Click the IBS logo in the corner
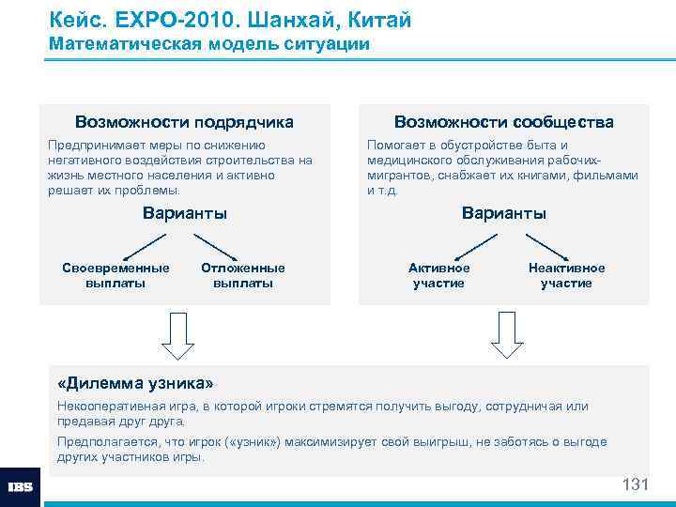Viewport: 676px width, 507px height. coord(20,487)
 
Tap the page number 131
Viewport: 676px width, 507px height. coord(636,484)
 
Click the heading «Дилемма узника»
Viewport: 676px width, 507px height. coord(135,383)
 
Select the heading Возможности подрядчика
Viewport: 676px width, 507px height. coord(184,122)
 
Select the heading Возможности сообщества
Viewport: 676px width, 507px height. coord(504,122)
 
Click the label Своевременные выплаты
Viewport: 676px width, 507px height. coord(115,275)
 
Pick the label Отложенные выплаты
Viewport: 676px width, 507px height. coord(243,275)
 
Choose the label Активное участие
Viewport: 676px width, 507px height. coord(439,275)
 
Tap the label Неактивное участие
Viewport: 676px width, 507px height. coord(566,275)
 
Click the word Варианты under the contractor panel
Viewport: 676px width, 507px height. coord(185,213)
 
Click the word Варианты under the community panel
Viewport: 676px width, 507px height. coord(504,213)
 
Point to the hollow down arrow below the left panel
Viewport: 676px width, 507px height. coord(177,335)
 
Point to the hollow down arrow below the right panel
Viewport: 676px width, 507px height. coord(507,335)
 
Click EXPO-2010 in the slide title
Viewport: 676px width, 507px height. coord(157,20)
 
